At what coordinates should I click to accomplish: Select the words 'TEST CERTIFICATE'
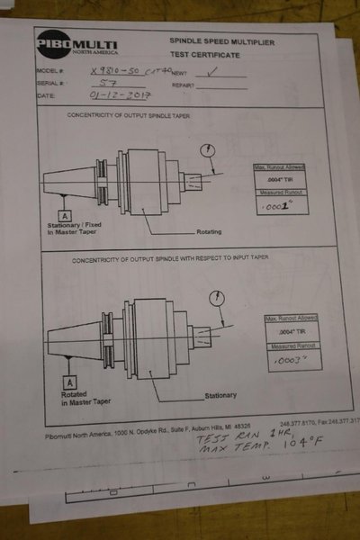pyautogui.click(x=213, y=52)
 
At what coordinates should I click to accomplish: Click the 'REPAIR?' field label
pyautogui.click(x=183, y=85)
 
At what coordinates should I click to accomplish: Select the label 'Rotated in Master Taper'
pyautogui.click(x=85, y=399)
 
